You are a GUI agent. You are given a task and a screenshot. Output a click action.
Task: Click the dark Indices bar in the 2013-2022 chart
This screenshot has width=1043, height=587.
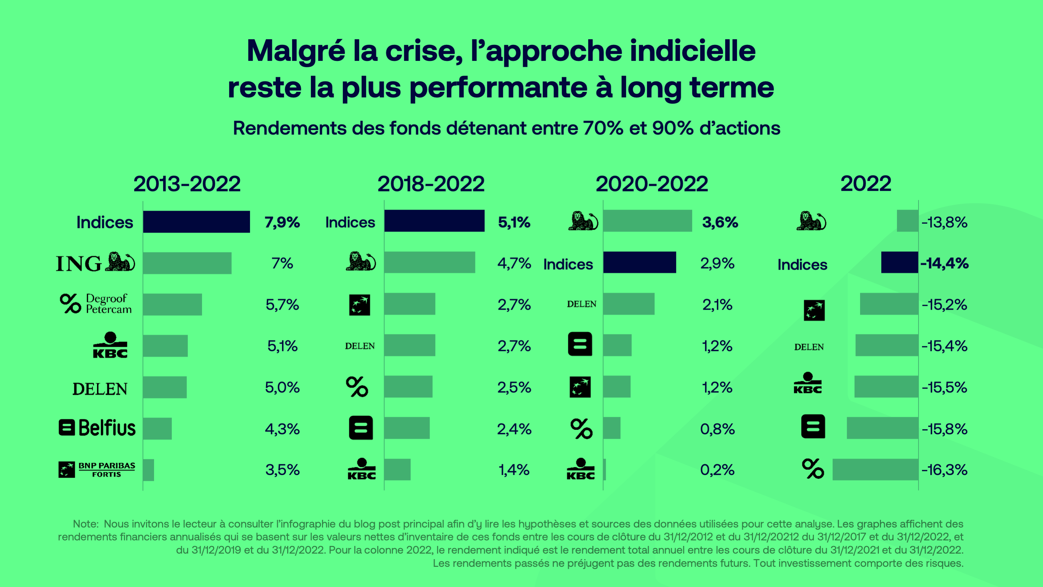point(196,222)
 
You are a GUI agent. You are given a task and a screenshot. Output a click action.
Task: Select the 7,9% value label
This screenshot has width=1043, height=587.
point(282,222)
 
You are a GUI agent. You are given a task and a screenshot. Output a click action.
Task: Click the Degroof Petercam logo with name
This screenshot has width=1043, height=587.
point(96,304)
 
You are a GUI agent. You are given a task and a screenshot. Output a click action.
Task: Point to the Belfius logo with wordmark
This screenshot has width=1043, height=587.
point(97,428)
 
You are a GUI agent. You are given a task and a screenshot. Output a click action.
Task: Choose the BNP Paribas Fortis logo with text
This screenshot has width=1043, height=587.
point(97,469)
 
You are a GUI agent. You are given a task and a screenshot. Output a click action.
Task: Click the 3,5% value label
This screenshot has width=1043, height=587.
point(282,470)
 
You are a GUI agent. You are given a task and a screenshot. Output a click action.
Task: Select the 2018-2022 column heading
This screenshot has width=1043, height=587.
point(431,184)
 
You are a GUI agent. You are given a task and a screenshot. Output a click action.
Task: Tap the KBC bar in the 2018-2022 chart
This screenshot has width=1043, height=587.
point(397,469)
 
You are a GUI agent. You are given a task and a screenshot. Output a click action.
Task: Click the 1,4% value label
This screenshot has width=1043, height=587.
point(514,470)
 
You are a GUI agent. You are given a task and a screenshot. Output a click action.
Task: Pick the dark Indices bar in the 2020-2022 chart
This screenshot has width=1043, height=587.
point(639,262)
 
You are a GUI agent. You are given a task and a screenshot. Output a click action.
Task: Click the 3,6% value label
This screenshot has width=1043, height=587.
point(720,222)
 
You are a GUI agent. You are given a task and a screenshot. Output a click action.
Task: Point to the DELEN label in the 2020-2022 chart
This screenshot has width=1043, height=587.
point(581,304)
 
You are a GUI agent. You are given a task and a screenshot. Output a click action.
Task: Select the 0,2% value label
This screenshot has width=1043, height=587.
point(717,470)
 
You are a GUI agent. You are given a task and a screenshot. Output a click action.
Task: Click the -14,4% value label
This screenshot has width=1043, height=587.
point(944,263)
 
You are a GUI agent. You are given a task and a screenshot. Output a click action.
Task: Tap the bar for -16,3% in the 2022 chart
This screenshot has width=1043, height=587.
point(875,469)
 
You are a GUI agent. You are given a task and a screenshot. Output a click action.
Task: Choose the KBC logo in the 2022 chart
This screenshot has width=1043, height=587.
point(807,383)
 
